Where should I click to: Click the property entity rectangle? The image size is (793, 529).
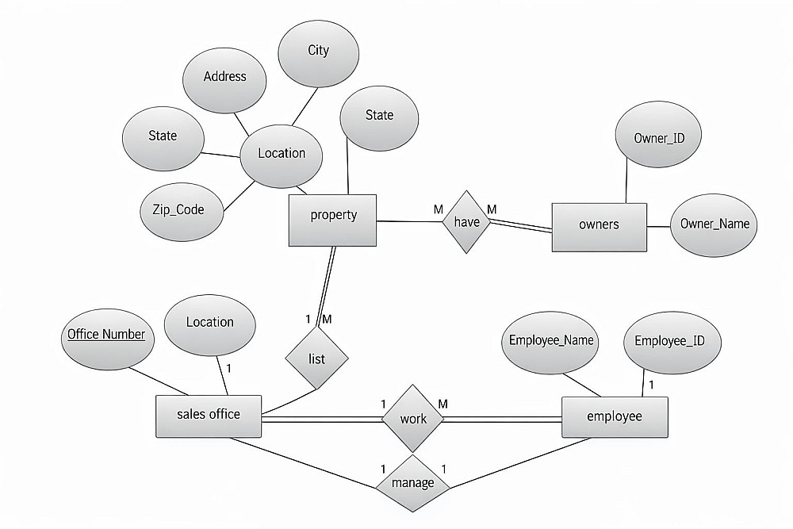tap(333, 215)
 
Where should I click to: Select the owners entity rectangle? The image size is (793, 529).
tap(599, 224)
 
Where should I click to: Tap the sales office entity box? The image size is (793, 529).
tap(209, 415)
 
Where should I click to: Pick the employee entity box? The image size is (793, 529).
tap(615, 416)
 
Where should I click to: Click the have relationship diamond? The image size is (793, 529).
tap(466, 222)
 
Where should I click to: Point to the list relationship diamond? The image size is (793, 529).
tap(316, 358)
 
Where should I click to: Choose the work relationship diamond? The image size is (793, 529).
tap(413, 418)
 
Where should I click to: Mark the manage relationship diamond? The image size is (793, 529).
tap(413, 482)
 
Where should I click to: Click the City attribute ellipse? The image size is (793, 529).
tap(318, 51)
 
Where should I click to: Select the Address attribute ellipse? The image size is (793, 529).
tap(225, 77)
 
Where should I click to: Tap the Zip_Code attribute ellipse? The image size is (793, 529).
tap(178, 210)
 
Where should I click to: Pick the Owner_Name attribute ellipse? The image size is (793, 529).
tap(714, 224)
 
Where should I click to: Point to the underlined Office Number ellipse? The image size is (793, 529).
tap(106, 335)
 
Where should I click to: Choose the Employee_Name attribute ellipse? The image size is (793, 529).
tap(552, 341)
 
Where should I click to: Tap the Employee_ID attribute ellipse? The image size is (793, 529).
tap(670, 341)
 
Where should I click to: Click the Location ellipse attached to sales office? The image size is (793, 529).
tap(209, 323)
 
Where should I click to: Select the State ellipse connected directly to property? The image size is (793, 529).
tap(379, 116)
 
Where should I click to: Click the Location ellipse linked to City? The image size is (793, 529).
tap(282, 154)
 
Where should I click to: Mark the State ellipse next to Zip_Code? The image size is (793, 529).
tap(163, 136)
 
